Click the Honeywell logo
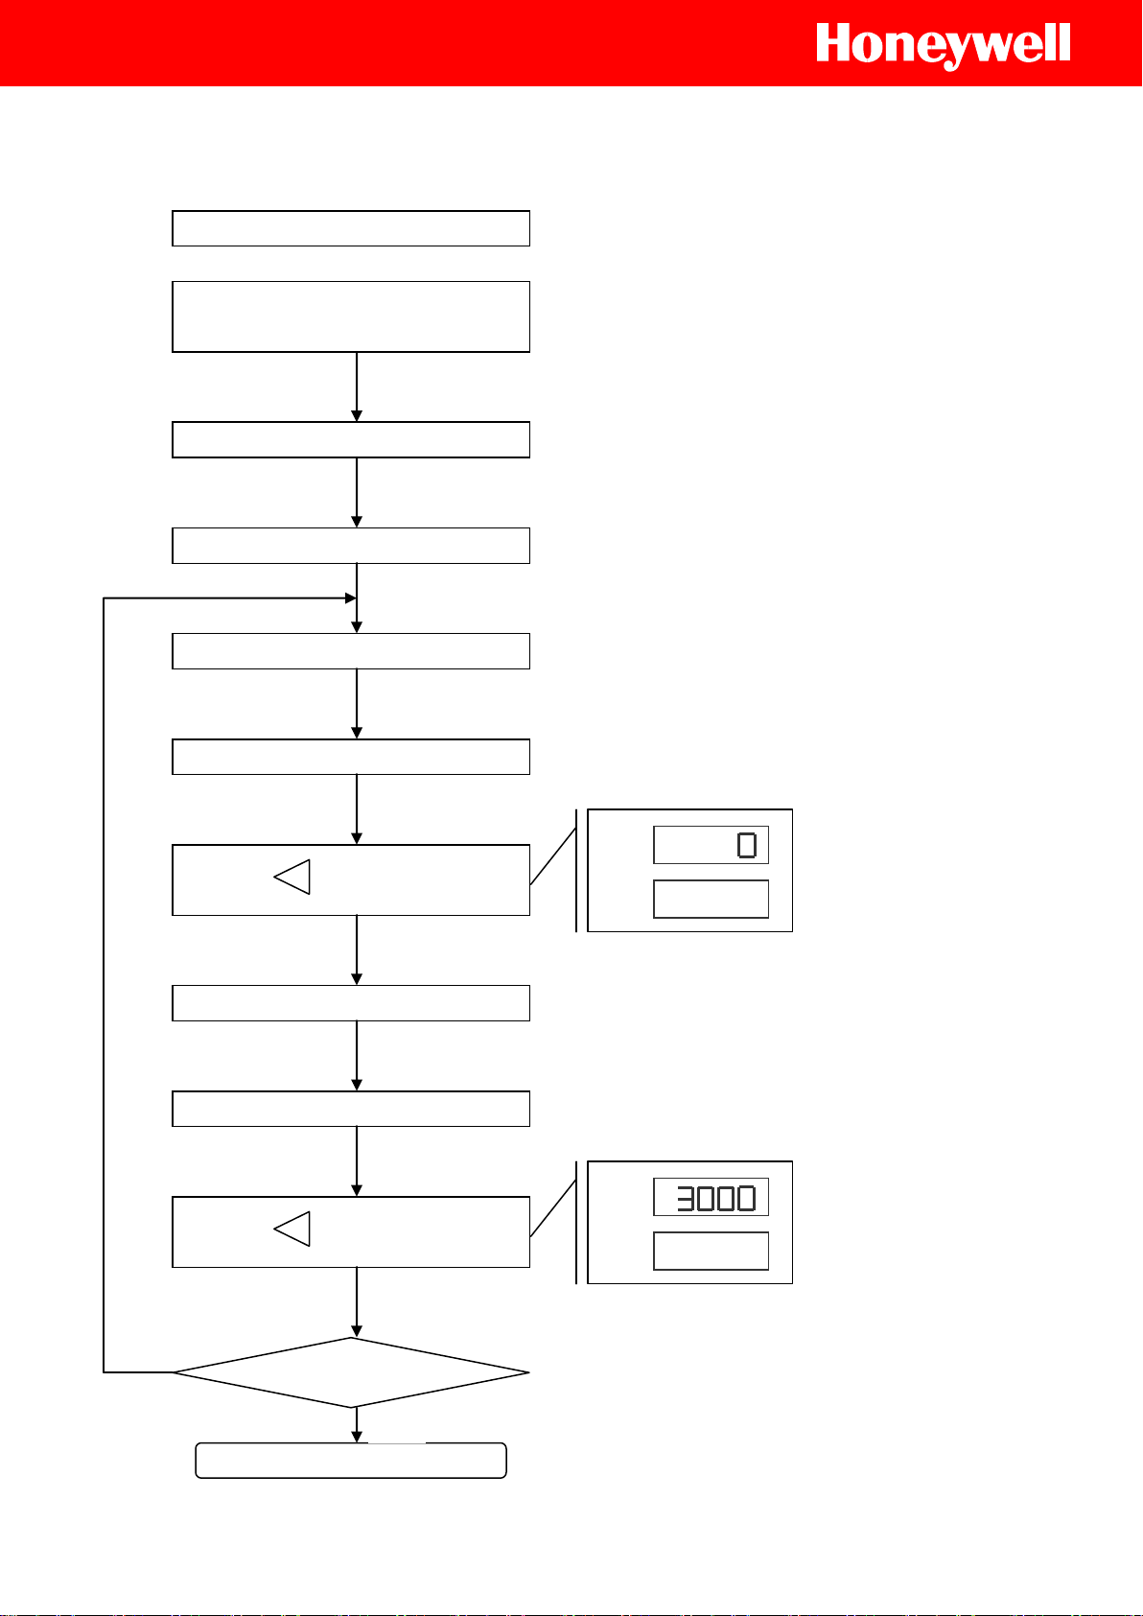coord(943,45)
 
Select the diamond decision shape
coord(351,1372)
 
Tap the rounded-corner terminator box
coord(351,1461)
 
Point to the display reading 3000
coord(711,1198)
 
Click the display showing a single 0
coord(711,845)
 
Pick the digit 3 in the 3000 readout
coord(685,1198)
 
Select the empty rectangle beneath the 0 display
coord(711,899)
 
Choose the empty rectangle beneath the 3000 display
coord(711,1251)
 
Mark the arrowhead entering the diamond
coord(357,1331)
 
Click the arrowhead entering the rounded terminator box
coord(357,1437)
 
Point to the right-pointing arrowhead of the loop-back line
coord(350,598)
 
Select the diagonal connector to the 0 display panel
coord(553,856)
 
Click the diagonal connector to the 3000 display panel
coord(553,1208)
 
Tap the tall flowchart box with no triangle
coord(351,316)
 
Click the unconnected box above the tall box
coord(351,228)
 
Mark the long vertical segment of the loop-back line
coord(104,985)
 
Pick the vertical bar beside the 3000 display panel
coord(576,1222)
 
